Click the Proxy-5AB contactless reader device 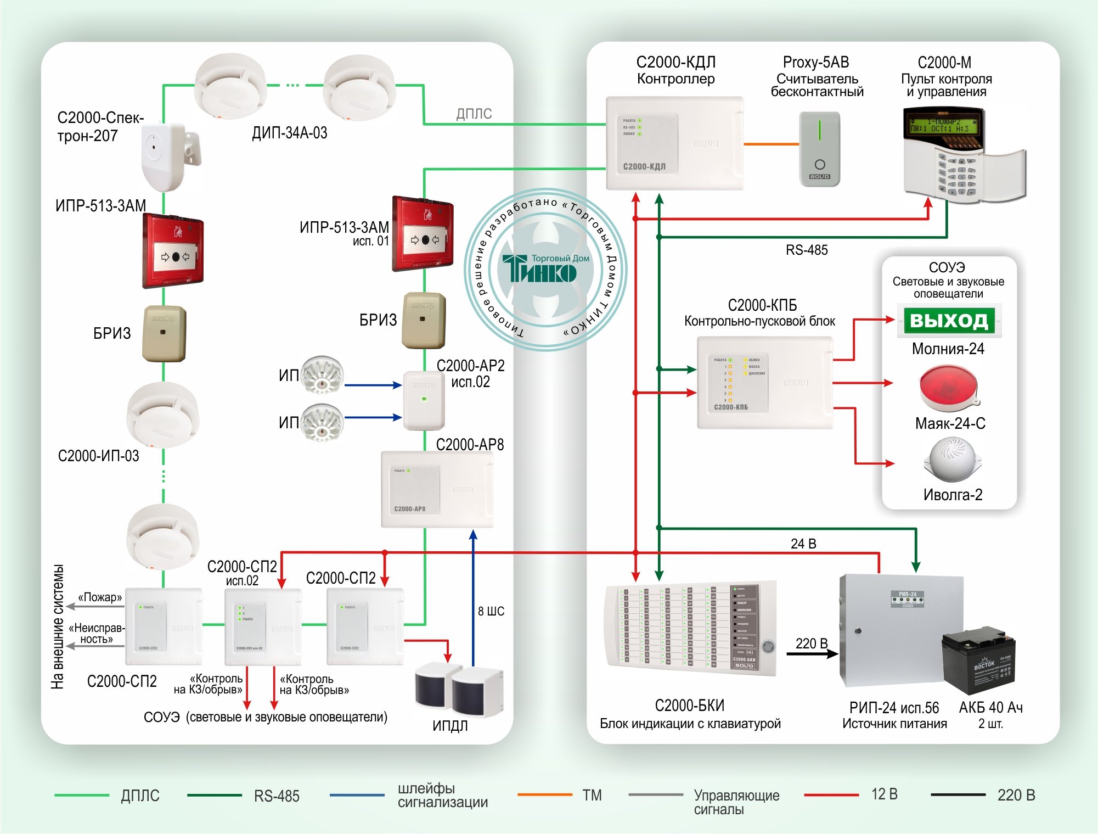[x=819, y=149]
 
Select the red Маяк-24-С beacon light [x=949, y=388]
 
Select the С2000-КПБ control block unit [x=764, y=383]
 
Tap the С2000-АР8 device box [x=437, y=489]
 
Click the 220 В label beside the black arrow [x=811, y=643]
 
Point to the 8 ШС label [x=491, y=611]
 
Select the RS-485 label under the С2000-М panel [x=806, y=250]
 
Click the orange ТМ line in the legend [x=544, y=794]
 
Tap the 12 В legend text [x=884, y=794]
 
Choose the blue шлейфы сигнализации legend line [x=357, y=795]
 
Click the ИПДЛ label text [x=450, y=726]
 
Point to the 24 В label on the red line [x=803, y=544]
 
